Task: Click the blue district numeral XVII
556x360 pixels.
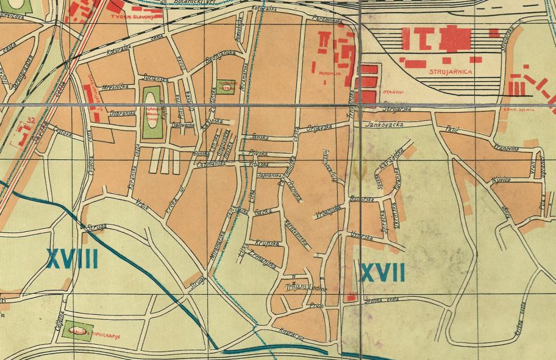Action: point(382,272)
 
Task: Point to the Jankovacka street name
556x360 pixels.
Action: point(384,124)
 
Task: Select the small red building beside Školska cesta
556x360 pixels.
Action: point(351,297)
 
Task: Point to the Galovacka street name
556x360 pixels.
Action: point(183,125)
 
